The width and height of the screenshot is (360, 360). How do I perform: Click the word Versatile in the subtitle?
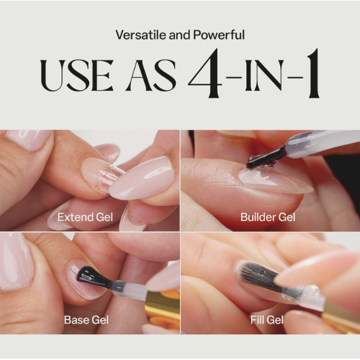click(x=137, y=34)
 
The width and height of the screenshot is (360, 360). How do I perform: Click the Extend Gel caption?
click(x=85, y=217)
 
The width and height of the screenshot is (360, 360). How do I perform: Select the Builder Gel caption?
click(x=268, y=217)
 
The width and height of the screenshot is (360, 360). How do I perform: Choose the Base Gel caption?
click(x=85, y=319)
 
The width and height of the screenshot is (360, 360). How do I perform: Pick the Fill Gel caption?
click(x=267, y=319)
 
